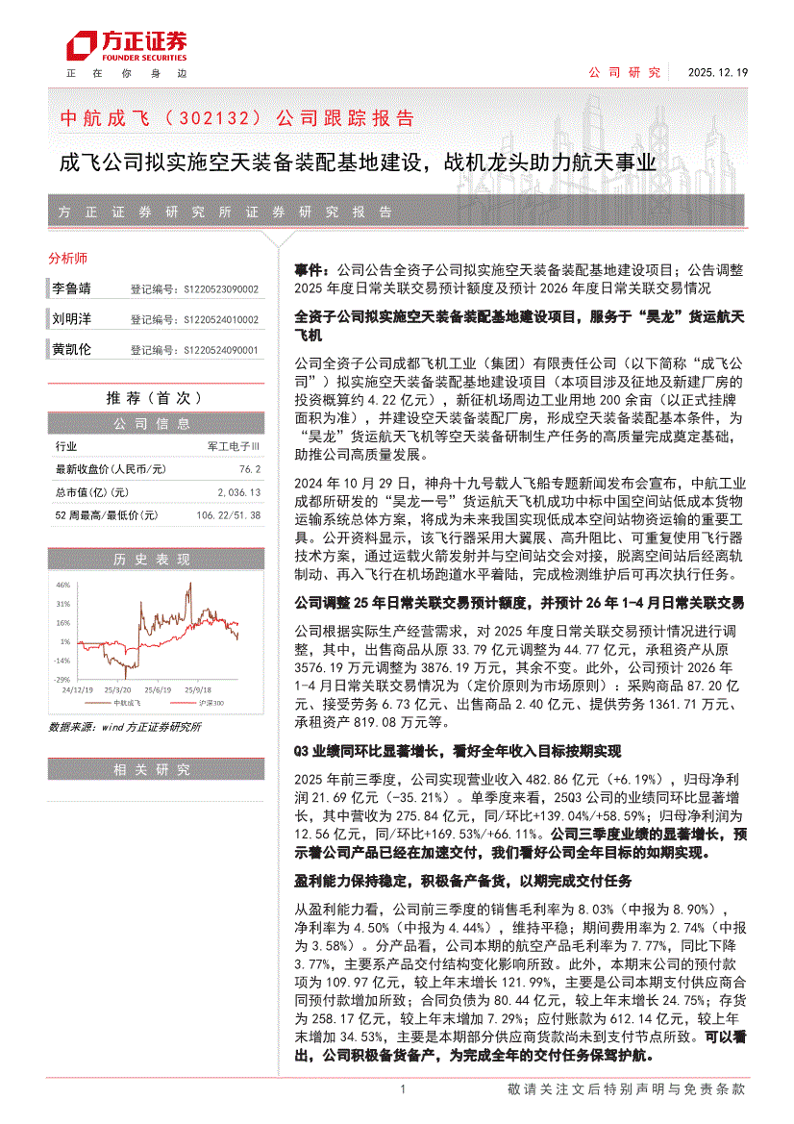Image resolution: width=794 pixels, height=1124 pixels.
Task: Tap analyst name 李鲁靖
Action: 71,288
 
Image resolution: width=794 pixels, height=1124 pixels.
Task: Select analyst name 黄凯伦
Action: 71,350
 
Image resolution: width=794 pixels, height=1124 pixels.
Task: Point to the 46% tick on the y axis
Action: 63,585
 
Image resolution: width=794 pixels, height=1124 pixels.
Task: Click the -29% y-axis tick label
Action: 62,679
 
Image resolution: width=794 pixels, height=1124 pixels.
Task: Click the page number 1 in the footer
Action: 403,1089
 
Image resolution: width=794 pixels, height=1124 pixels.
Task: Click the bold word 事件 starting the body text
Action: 308,272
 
